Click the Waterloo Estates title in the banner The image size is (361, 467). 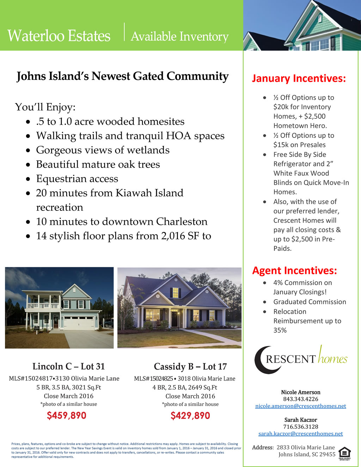tap(59, 36)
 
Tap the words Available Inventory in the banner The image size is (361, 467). tap(179, 36)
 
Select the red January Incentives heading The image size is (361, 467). tap(299, 78)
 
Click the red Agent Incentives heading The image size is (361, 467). tap(294, 271)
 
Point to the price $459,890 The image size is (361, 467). tap(67, 416)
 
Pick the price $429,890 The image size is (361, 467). tap(190, 416)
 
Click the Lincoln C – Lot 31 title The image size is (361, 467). tap(69, 367)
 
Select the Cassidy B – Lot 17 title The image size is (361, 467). tap(190, 367)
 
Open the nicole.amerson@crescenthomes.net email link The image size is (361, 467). tap(301, 406)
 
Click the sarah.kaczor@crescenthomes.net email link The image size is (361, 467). tap(301, 434)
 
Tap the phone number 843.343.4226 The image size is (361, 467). tap(301, 399)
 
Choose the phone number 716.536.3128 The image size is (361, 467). tap(301, 426)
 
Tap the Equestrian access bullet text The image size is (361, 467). tap(77, 179)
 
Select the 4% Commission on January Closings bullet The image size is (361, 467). tap(302, 287)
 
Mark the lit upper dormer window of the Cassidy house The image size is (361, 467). tap(175, 293)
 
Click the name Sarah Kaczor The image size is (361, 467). tap(301, 420)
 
